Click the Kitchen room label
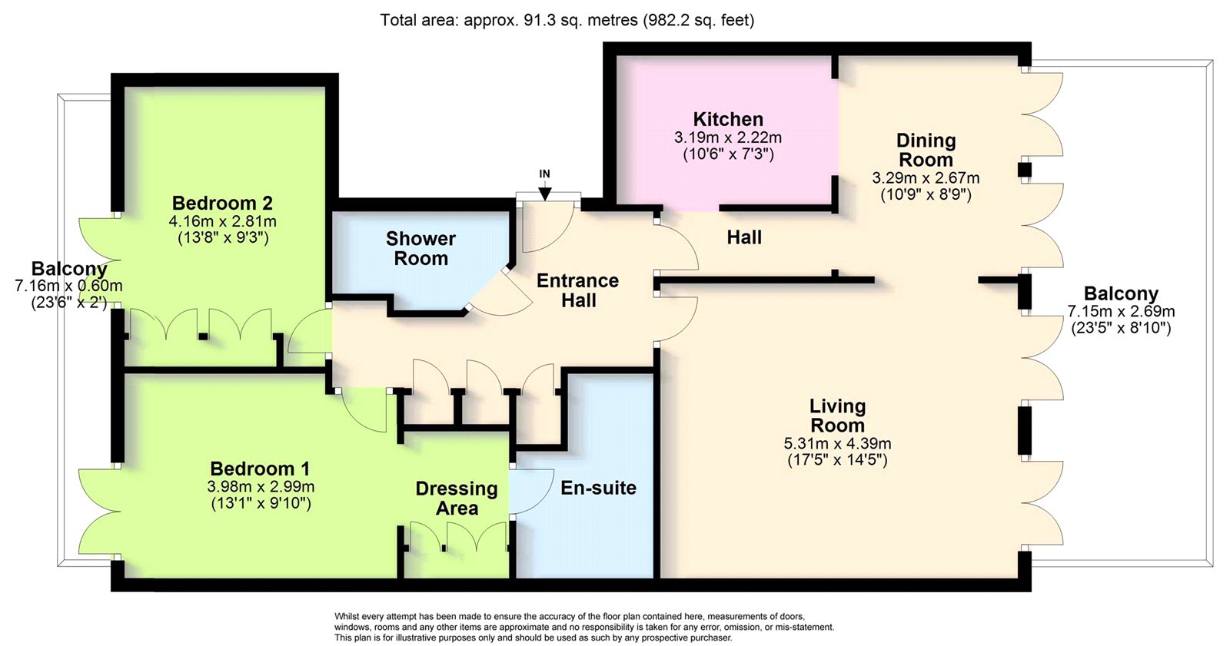click(x=728, y=119)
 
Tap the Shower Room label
click(x=421, y=249)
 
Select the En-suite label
click(x=598, y=488)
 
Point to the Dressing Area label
click(x=457, y=499)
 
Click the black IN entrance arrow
click(x=545, y=193)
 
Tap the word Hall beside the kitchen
click(x=744, y=237)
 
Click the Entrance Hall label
click(x=577, y=290)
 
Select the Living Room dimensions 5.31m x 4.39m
click(x=837, y=443)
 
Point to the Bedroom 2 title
click(x=222, y=203)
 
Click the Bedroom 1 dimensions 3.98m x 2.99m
click(x=261, y=487)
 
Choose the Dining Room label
click(x=926, y=150)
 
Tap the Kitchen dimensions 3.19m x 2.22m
click(x=728, y=137)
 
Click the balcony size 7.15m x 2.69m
click(x=1122, y=312)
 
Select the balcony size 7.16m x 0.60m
click(x=68, y=286)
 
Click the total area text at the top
click(x=567, y=20)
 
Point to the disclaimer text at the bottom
click(x=584, y=627)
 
